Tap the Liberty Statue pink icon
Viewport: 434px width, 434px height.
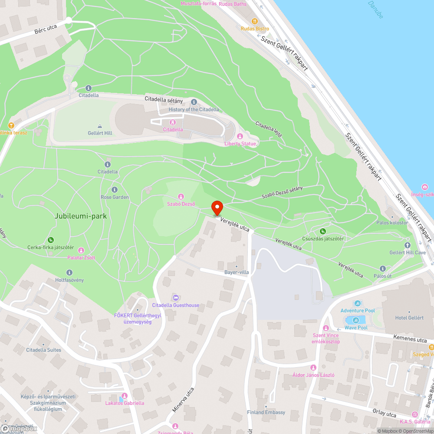tap(240, 137)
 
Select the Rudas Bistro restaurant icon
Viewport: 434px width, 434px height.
tap(255, 21)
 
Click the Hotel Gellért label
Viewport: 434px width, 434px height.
tap(409, 318)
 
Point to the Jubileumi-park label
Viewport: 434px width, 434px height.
tap(81, 216)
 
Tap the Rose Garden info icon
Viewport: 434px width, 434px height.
tap(115, 190)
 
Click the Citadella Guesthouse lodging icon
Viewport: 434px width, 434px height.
tap(175, 298)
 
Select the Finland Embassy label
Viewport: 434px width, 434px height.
tap(266, 412)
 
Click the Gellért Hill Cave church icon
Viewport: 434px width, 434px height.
tap(407, 246)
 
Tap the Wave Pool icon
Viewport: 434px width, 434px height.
tap(356, 320)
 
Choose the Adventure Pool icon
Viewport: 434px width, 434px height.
tap(358, 303)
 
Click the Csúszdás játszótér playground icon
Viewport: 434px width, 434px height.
tap(323, 231)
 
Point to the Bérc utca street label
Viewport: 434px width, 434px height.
tap(46, 30)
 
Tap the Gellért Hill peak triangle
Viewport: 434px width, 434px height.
tap(99, 126)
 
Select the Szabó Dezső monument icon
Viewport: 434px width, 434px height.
tap(181, 197)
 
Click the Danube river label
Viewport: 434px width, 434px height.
tap(375, 10)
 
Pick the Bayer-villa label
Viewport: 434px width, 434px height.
tap(237, 272)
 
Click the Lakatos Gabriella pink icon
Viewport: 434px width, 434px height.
tap(125, 395)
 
